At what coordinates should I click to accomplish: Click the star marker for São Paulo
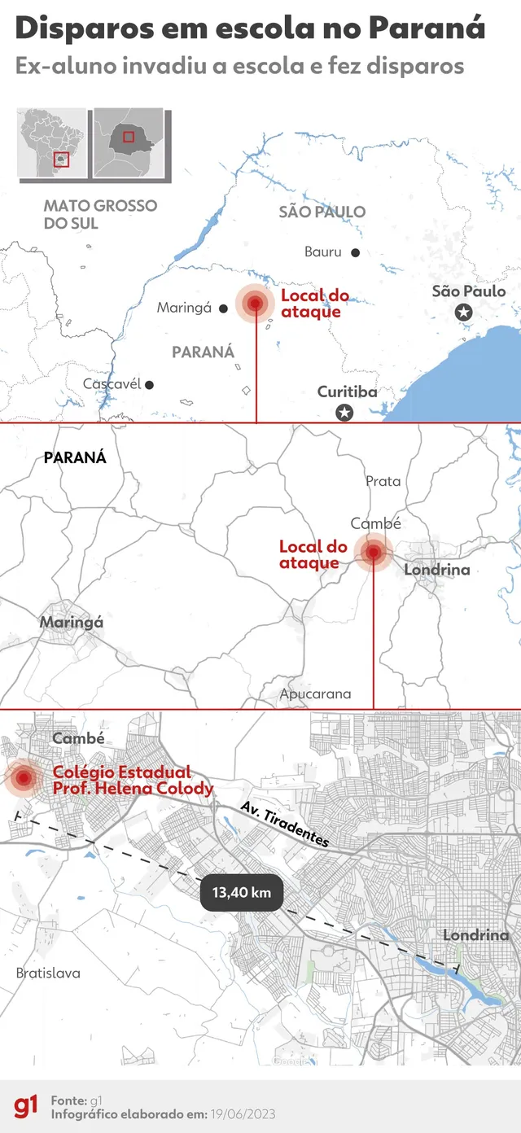(464, 312)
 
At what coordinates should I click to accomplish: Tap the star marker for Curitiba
(345, 413)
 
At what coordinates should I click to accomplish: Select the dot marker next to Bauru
(355, 252)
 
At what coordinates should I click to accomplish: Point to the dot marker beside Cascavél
(149, 384)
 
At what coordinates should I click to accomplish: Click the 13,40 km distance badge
(241, 892)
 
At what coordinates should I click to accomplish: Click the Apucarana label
(315, 694)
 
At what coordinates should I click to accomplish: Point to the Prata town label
(383, 481)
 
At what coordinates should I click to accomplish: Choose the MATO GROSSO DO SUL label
(100, 214)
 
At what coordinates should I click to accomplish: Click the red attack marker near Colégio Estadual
(24, 779)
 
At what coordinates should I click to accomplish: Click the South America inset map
(52, 143)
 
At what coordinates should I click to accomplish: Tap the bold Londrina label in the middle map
(437, 570)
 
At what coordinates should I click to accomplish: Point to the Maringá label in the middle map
(72, 622)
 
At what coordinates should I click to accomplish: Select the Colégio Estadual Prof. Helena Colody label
(132, 780)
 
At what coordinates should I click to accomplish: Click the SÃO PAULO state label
(322, 212)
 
